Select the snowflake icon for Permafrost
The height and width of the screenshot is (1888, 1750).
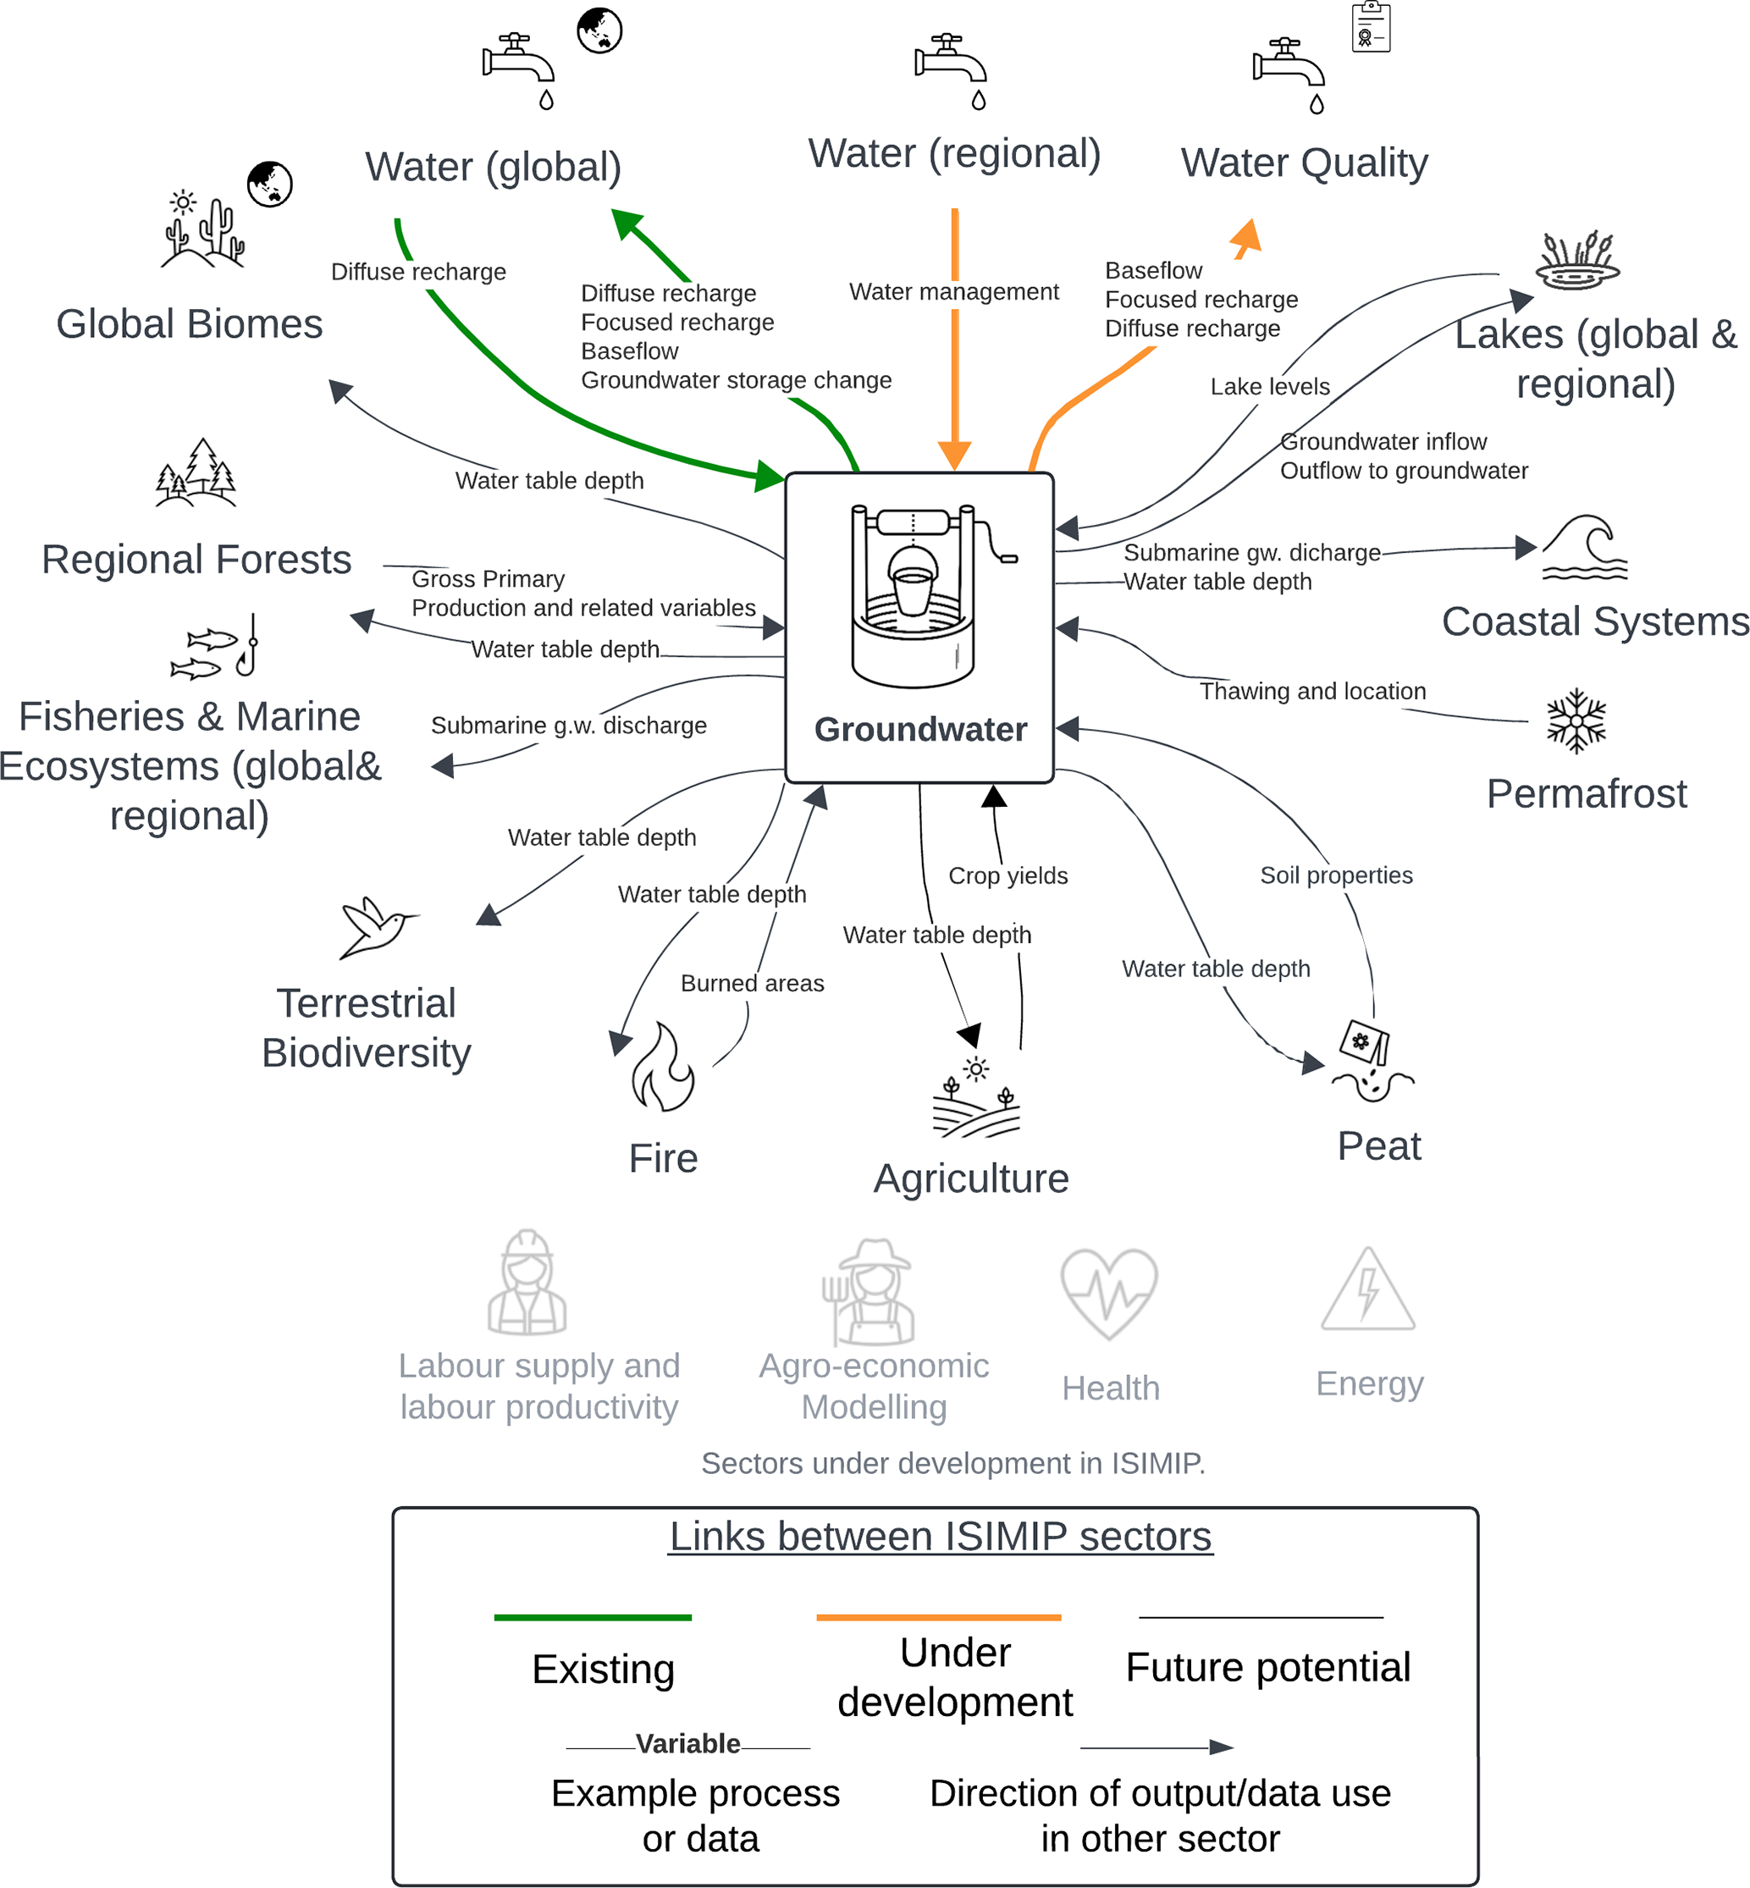1576,720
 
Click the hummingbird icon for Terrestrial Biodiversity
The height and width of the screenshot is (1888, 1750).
376,927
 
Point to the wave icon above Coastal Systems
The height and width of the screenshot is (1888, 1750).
1584,547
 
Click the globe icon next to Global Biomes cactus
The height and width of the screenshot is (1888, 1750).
270,184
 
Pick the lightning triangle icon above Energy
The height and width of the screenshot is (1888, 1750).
1367,1290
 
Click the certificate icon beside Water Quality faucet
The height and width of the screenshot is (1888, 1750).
1370,27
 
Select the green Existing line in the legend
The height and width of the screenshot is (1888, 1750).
593,1617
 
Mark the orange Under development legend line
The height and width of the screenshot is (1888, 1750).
938,1617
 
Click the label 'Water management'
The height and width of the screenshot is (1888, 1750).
953,291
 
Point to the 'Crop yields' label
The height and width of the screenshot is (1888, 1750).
1007,875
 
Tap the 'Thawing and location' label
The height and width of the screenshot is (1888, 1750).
1312,691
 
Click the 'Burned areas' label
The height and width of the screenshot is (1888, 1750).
752,984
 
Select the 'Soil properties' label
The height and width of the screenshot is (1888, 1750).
1336,875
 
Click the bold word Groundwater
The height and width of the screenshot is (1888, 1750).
920,729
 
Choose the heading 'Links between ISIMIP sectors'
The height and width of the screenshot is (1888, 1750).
941,1536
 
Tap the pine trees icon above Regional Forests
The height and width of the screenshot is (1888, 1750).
196,472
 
